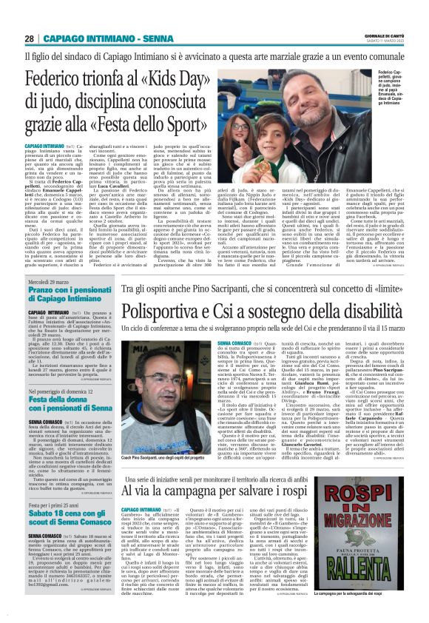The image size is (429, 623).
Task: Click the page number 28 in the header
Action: tap(29, 38)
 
